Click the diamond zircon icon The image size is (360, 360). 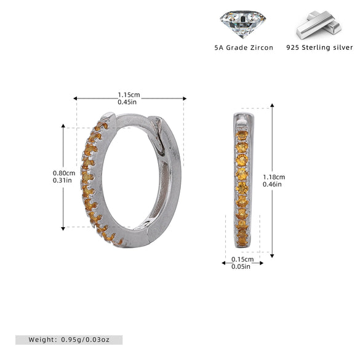coord(243,24)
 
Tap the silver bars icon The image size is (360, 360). coord(319,25)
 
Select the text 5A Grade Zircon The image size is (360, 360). coord(244,47)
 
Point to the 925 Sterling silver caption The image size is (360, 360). coord(319,47)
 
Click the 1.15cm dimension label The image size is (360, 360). coord(129,95)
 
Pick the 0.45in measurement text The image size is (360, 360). coord(127,102)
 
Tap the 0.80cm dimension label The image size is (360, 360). coord(64,173)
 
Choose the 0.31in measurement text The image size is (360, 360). coord(62,180)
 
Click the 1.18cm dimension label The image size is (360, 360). coord(274,177)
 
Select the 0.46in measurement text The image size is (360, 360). coord(272,184)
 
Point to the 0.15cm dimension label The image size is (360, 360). coord(242,259)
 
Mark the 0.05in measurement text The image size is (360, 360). coord(241,266)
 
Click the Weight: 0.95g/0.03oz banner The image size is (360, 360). coord(69,340)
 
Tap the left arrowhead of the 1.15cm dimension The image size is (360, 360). coord(75,98)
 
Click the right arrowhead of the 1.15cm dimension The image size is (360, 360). coord(185,98)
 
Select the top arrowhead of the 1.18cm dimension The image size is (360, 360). coord(272,105)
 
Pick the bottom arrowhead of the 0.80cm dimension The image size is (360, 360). coord(63,228)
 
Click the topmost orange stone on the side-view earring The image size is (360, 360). coord(242,135)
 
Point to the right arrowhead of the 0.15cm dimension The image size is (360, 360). coord(262,263)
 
